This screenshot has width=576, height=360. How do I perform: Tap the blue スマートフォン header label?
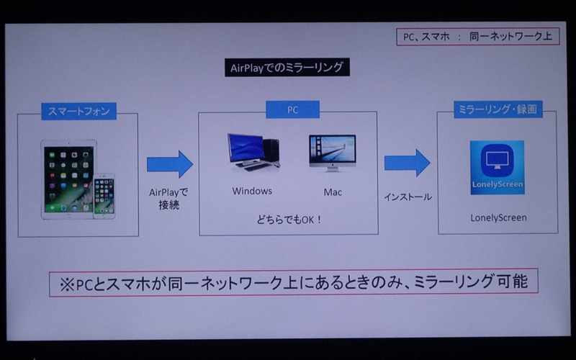78,112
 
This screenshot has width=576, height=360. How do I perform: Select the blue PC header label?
288,111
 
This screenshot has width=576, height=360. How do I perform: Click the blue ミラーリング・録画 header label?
498,109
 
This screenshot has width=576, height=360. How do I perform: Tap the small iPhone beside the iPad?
104,195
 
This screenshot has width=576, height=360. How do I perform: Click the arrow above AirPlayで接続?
169,164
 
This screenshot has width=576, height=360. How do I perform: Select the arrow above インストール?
407,163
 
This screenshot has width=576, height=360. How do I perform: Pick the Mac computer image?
332,152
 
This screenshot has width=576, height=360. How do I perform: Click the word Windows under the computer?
252,192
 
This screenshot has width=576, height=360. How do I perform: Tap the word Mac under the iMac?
333,192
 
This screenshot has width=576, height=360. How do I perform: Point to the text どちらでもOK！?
288,218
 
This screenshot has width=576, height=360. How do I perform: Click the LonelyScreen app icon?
497,168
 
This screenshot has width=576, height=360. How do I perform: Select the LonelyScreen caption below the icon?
498,217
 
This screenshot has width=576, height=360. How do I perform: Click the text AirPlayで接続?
168,199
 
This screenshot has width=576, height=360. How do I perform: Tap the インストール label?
408,197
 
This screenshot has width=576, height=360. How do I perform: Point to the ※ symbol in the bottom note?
66,283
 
